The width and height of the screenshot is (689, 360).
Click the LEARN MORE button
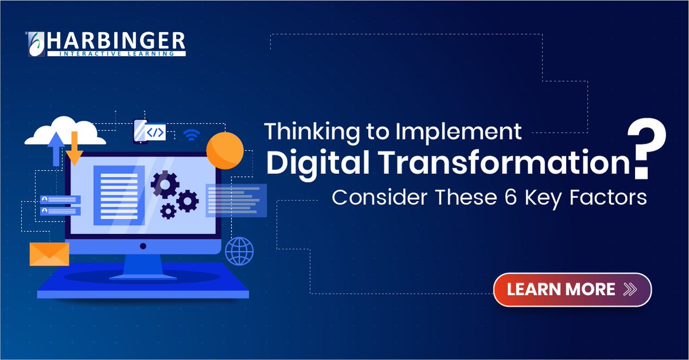point(572,289)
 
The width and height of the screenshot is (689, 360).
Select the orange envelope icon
point(49,254)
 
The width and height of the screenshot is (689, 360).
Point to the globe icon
point(239,250)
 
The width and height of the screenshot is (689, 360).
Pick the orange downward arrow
point(75,149)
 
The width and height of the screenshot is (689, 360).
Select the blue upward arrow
point(56,148)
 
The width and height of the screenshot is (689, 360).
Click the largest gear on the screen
point(165,184)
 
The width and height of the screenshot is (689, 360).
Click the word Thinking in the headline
point(305,133)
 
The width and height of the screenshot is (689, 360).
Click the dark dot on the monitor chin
point(143,246)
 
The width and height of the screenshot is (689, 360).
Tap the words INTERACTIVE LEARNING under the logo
point(117,54)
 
